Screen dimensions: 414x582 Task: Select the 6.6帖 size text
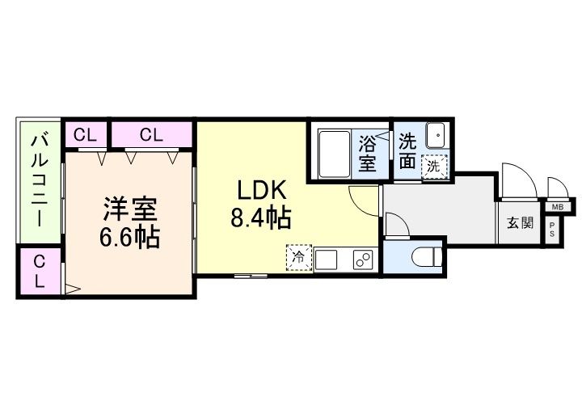pyautogui.click(x=129, y=238)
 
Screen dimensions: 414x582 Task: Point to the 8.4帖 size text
pyautogui.click(x=260, y=218)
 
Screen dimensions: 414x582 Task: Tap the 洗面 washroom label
pyautogui.click(x=409, y=150)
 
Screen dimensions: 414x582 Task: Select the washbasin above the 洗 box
pyautogui.click(x=435, y=134)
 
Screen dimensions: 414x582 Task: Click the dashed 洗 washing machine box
pyautogui.click(x=435, y=166)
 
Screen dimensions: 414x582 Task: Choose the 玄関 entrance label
pyautogui.click(x=520, y=222)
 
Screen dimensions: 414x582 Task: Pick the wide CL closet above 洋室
pyautogui.click(x=151, y=135)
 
